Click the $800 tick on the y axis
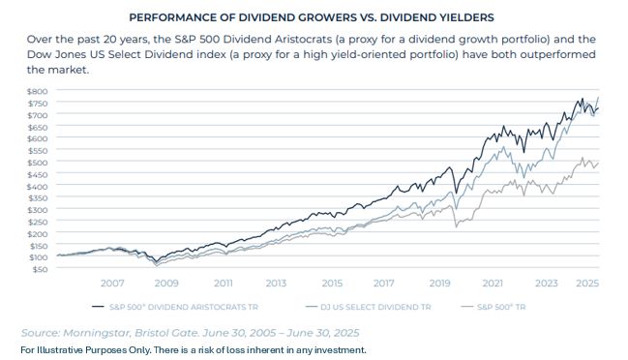[37, 91]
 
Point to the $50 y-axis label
[40, 269]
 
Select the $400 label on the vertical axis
[37, 187]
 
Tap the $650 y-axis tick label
[37, 128]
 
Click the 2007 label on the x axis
[112, 284]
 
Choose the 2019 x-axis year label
[439, 284]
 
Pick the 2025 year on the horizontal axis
[587, 284]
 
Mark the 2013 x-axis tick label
[276, 284]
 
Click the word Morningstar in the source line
[96, 333]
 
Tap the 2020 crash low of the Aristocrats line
[456, 193]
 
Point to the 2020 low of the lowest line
[456, 227]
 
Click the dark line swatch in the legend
[98, 307]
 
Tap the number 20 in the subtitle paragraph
[109, 40]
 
